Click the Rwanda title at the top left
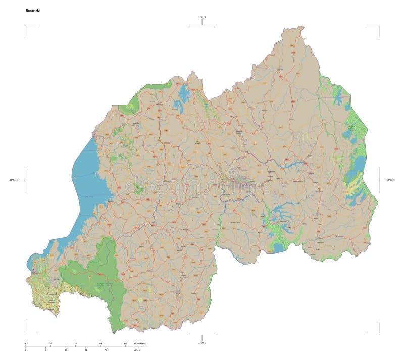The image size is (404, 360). point(33,10)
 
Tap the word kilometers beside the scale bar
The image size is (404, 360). point(139,343)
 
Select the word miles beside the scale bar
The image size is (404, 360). point(136,350)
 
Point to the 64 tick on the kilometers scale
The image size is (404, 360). point(125,344)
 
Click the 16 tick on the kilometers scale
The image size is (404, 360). point(50,344)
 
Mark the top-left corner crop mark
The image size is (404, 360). point(25,25)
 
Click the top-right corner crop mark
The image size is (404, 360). point(378,25)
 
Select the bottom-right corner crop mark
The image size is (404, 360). point(378,334)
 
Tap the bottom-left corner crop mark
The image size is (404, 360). point(25,334)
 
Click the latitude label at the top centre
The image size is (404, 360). point(202,17)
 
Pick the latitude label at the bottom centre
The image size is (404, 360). point(202,343)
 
